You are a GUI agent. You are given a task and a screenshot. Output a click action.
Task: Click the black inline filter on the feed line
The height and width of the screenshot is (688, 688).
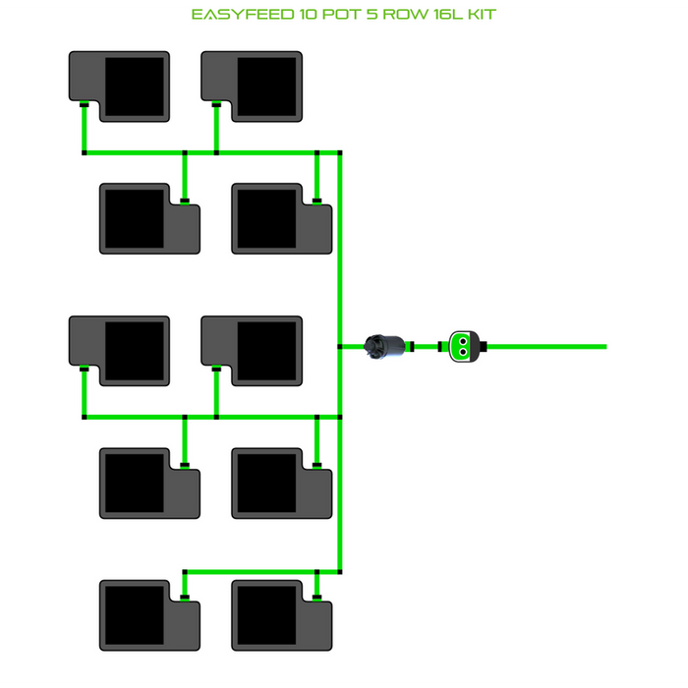(383, 346)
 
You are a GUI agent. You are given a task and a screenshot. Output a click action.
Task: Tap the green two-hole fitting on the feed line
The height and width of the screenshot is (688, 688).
(461, 346)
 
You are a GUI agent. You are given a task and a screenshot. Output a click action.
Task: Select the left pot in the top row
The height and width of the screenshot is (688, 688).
(119, 86)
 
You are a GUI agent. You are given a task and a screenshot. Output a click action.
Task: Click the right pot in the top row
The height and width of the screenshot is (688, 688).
(252, 86)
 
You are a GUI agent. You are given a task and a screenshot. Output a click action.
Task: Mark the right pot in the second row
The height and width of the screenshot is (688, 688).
(281, 218)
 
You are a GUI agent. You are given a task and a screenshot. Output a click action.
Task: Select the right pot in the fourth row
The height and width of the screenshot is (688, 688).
(281, 483)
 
